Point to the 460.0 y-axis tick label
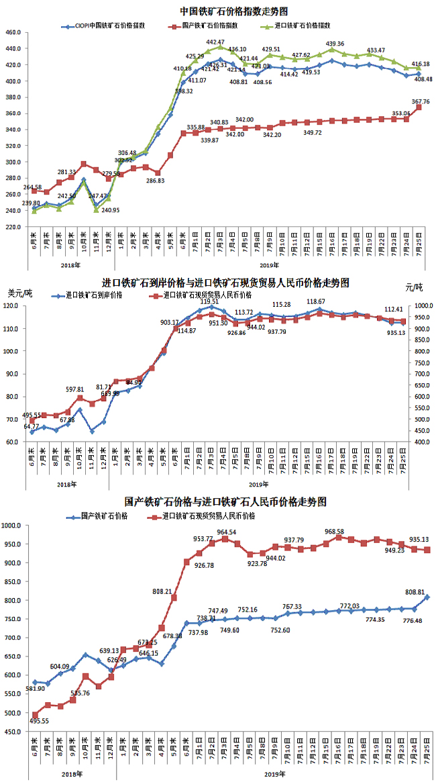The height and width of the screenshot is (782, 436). (15, 33)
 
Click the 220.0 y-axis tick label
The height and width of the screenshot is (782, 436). (15, 227)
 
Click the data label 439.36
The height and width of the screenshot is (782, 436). (335, 44)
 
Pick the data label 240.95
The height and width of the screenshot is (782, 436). (107, 210)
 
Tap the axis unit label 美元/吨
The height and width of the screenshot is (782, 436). (20, 293)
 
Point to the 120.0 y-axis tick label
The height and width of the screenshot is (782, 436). (15, 307)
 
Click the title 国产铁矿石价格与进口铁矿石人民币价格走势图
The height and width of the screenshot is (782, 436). (226, 502)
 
